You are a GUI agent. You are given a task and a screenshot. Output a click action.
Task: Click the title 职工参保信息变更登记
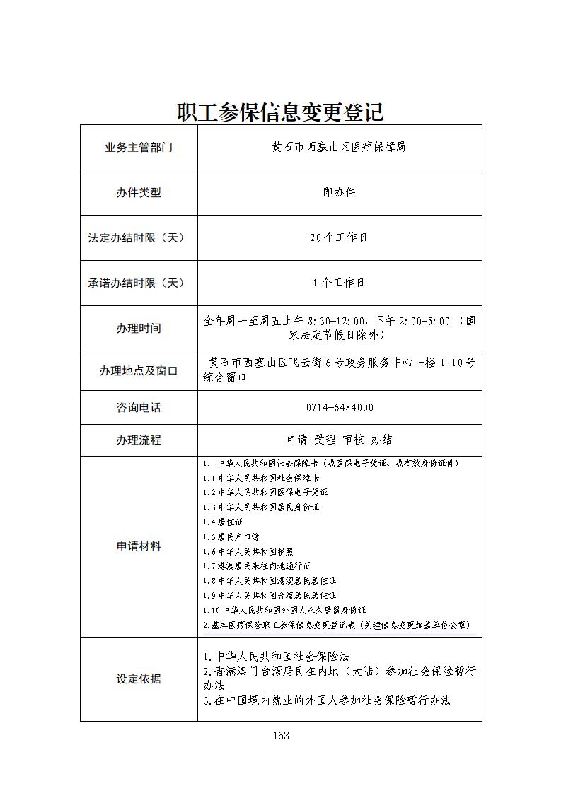(x=280, y=112)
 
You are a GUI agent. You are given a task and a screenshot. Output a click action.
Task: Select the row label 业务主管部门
(x=139, y=148)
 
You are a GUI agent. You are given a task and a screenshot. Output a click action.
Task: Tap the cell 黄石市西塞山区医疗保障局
(x=339, y=147)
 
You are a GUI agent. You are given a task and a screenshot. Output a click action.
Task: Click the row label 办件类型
(x=139, y=192)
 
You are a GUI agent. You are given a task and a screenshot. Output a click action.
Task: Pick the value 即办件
(x=339, y=192)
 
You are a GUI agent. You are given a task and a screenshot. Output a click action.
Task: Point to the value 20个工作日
(x=339, y=237)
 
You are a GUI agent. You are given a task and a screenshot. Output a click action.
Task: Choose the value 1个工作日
(x=339, y=283)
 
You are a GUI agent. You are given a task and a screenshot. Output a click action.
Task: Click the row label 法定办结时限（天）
(x=139, y=237)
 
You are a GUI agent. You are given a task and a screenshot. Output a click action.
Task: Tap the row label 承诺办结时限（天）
(x=139, y=283)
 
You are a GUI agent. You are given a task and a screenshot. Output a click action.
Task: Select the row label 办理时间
(x=139, y=328)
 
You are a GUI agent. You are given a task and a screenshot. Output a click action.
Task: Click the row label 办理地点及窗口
(x=139, y=370)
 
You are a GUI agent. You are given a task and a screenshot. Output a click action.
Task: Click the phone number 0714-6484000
(x=340, y=407)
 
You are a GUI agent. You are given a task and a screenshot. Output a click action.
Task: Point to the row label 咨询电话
(x=139, y=407)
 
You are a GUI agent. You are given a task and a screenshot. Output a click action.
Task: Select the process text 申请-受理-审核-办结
(x=340, y=440)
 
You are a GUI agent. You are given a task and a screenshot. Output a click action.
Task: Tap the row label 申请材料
(x=139, y=546)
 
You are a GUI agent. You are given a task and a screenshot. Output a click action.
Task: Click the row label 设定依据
(x=139, y=679)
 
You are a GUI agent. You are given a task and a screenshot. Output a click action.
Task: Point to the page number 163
(x=281, y=736)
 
